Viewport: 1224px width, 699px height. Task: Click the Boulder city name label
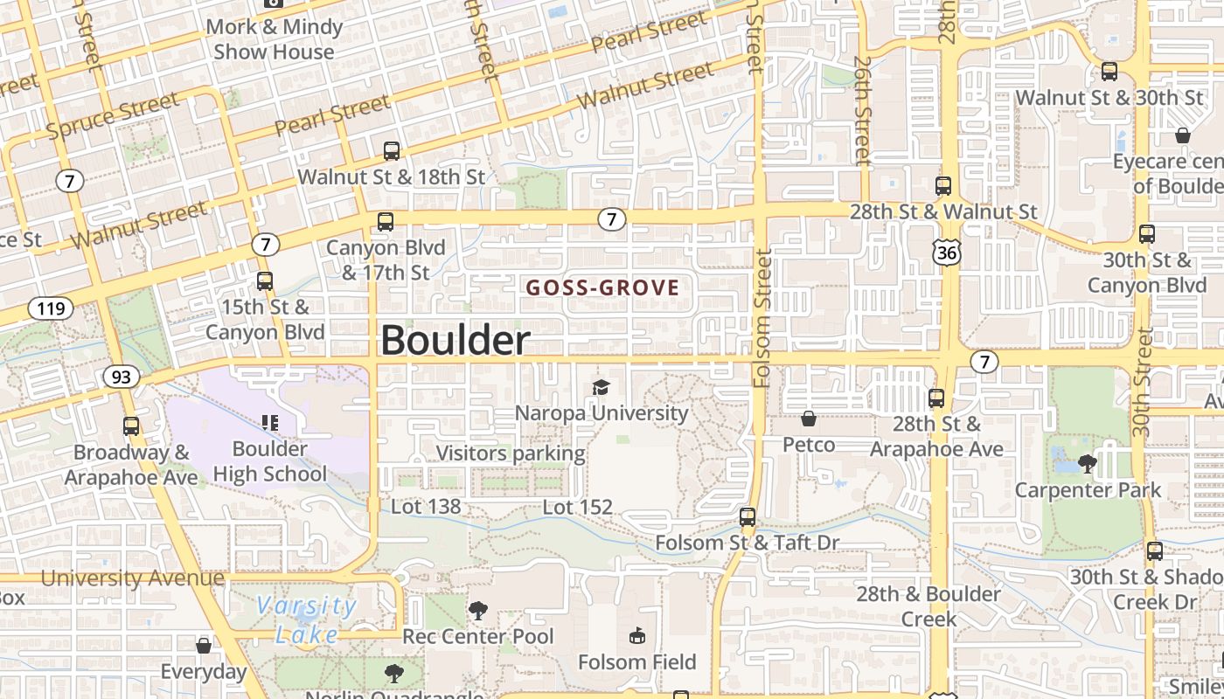coord(455,340)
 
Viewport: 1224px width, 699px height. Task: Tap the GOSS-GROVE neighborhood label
coord(602,287)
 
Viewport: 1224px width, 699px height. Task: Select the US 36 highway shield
coord(946,253)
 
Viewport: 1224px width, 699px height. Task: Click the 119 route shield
coord(50,308)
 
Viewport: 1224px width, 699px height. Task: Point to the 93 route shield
coord(121,377)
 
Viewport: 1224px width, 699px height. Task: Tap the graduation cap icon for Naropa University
coord(601,387)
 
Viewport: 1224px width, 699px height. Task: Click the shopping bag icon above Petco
coord(809,419)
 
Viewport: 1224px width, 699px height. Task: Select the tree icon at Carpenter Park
coord(1088,463)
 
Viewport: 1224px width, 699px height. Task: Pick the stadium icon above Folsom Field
coord(636,635)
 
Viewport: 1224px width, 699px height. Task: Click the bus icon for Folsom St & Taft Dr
coord(748,516)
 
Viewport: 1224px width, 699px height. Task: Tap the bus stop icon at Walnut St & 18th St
coord(392,150)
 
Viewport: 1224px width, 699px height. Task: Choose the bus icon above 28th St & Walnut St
coord(942,185)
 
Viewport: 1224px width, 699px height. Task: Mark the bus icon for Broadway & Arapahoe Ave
coord(131,426)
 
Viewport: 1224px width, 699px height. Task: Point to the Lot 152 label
coord(577,507)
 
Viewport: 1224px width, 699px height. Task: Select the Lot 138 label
coord(425,507)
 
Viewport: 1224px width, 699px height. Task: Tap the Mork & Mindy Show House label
coord(274,39)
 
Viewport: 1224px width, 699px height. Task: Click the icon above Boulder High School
coord(270,423)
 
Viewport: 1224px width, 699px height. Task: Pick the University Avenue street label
coord(132,578)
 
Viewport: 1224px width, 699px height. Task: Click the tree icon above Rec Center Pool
coord(478,610)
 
